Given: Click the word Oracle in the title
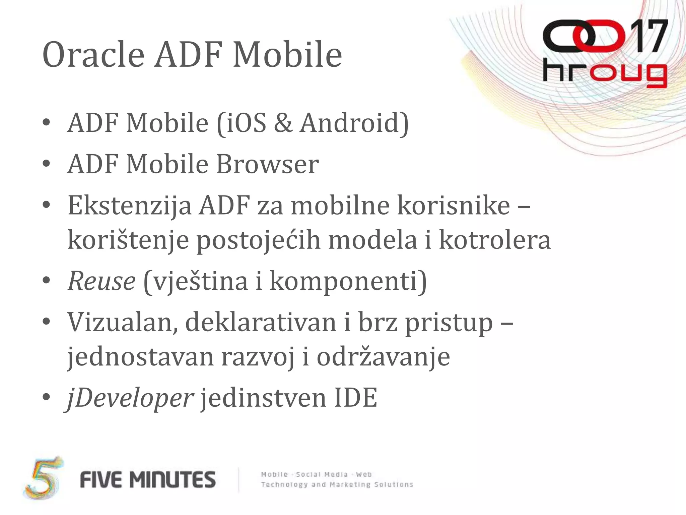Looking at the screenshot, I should coord(93,54).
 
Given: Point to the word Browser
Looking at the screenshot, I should coord(267,164).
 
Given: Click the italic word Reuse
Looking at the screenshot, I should coord(101,281).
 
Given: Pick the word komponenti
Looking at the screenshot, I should coord(348,281).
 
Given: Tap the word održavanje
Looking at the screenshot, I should coord(383,357).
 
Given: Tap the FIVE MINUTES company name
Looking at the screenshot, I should coord(148,479).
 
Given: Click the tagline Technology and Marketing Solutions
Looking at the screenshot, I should coord(337,484).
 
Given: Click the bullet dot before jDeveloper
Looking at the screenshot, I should coord(46,398).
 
